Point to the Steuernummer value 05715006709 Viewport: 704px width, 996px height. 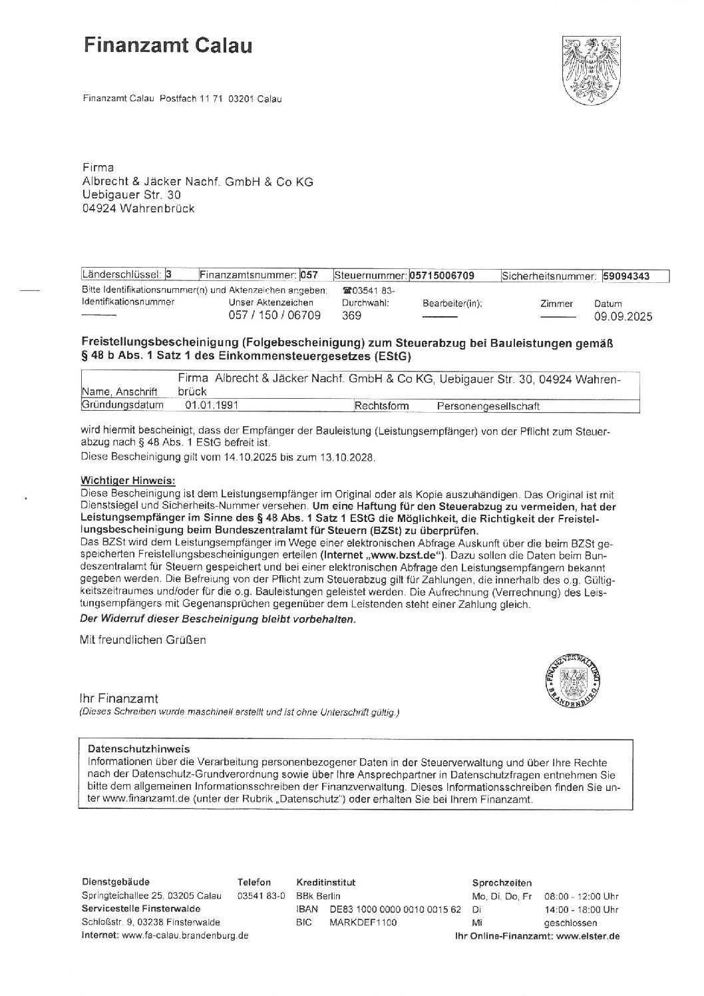442,276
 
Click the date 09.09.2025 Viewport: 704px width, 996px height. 623,316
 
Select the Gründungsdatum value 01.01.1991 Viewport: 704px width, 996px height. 212,405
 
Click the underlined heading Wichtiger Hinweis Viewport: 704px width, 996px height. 128,480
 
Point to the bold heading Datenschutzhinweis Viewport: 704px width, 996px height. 139,748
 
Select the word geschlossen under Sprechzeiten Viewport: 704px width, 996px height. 570,923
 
